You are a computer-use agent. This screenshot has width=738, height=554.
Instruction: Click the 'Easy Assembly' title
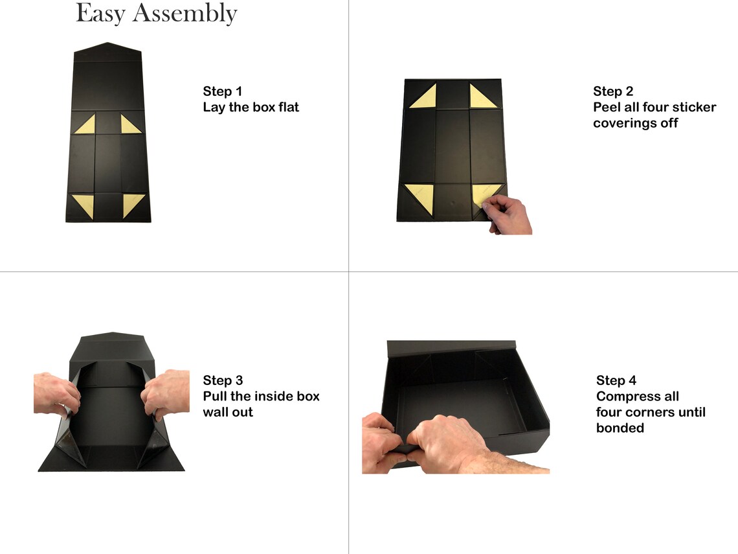[x=156, y=13]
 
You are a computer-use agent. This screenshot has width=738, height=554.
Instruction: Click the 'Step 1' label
[x=222, y=91]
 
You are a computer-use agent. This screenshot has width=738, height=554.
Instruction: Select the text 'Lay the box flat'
[x=251, y=108]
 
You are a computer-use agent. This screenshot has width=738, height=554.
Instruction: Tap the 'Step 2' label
[x=613, y=91]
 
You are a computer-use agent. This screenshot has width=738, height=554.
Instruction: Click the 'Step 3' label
[x=223, y=380]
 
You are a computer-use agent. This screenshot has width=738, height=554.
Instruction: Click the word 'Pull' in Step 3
[x=215, y=396]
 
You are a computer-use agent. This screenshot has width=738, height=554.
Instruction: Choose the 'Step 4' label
[x=616, y=380]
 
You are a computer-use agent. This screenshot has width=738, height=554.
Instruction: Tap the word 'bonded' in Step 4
[x=620, y=428]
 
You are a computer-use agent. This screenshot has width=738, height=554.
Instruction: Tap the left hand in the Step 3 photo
[x=56, y=395]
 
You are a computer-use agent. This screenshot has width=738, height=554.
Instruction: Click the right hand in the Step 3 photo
[x=167, y=393]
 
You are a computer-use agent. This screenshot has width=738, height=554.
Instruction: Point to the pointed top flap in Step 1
[x=107, y=52]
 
